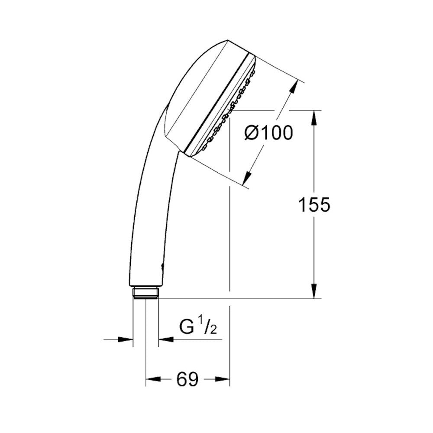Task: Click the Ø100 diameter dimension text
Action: pyautogui.click(x=268, y=132)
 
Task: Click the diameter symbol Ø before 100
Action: pyautogui.click(x=252, y=133)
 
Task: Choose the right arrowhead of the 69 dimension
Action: pyautogui.click(x=223, y=380)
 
